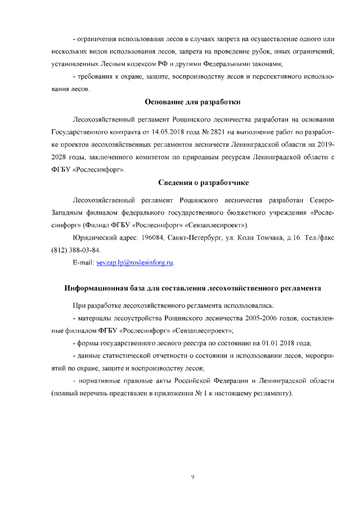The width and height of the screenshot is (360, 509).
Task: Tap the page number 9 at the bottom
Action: [x=192, y=477]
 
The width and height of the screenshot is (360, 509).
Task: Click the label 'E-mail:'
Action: [x=84, y=263]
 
